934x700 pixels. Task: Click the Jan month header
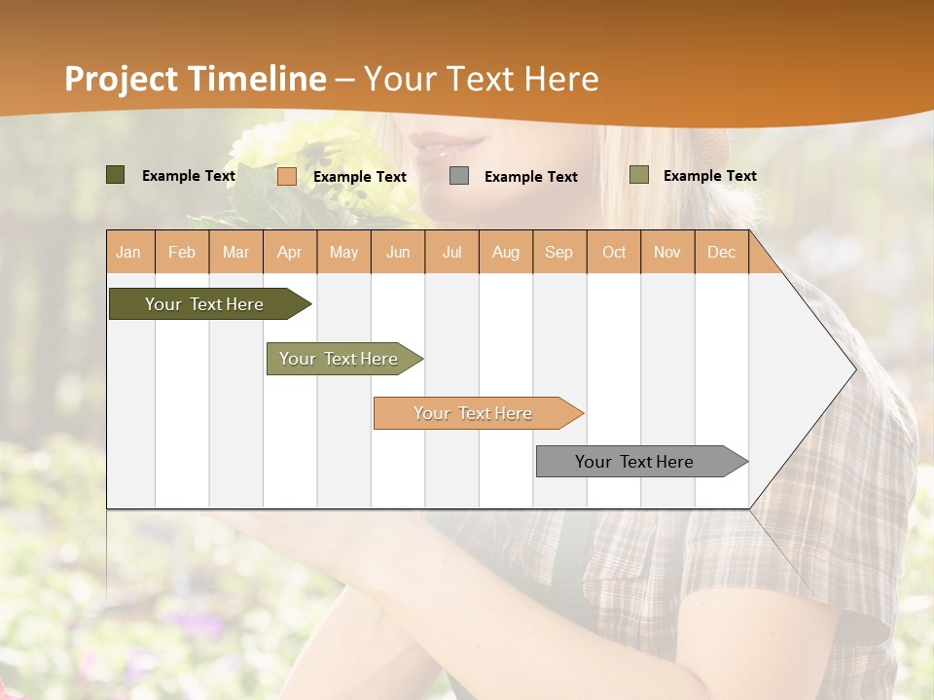point(128,253)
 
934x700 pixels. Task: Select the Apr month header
point(290,253)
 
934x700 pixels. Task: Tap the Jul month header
point(451,253)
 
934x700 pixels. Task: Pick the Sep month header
point(558,253)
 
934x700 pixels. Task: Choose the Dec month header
point(721,253)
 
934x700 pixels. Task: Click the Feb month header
point(182,253)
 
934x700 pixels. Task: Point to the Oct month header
point(614,253)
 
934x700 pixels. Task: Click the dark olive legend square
point(116,175)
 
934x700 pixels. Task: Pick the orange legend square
point(287,176)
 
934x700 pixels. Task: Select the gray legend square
point(459,175)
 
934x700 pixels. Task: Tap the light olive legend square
point(638,175)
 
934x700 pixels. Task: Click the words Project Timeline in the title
point(195,79)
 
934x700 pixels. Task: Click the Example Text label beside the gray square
point(530,176)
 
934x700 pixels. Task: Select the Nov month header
point(667,253)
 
